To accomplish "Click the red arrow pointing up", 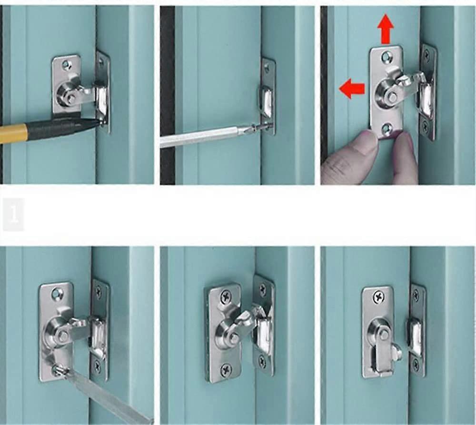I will (x=385, y=30).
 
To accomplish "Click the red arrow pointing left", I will (x=352, y=89).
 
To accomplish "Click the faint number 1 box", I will (x=13, y=215).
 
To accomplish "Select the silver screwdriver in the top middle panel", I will (x=205, y=136).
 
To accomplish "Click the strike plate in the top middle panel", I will (x=268, y=95).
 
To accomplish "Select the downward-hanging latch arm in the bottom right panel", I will (x=381, y=357).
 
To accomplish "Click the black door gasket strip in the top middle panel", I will (x=168, y=95).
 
